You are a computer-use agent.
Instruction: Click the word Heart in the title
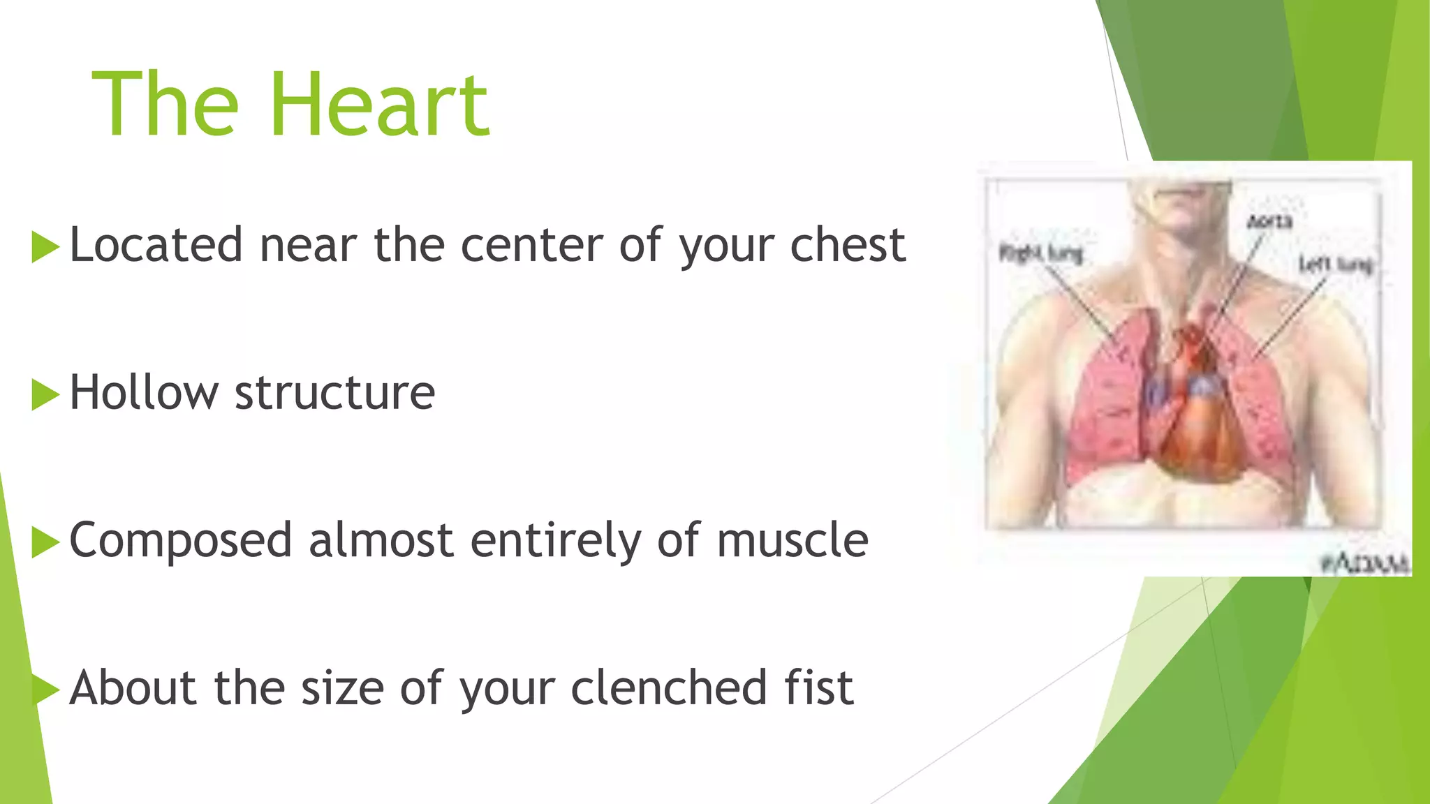coord(381,105)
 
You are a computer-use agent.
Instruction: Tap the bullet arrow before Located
coord(45,247)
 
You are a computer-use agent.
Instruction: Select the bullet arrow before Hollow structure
coord(45,394)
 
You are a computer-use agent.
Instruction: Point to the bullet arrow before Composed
coord(45,542)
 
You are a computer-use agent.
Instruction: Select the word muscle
coord(792,540)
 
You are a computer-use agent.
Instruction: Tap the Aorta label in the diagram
coord(1269,222)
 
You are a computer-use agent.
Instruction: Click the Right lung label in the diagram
coord(1040,253)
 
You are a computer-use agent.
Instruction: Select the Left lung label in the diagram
coord(1335,265)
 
